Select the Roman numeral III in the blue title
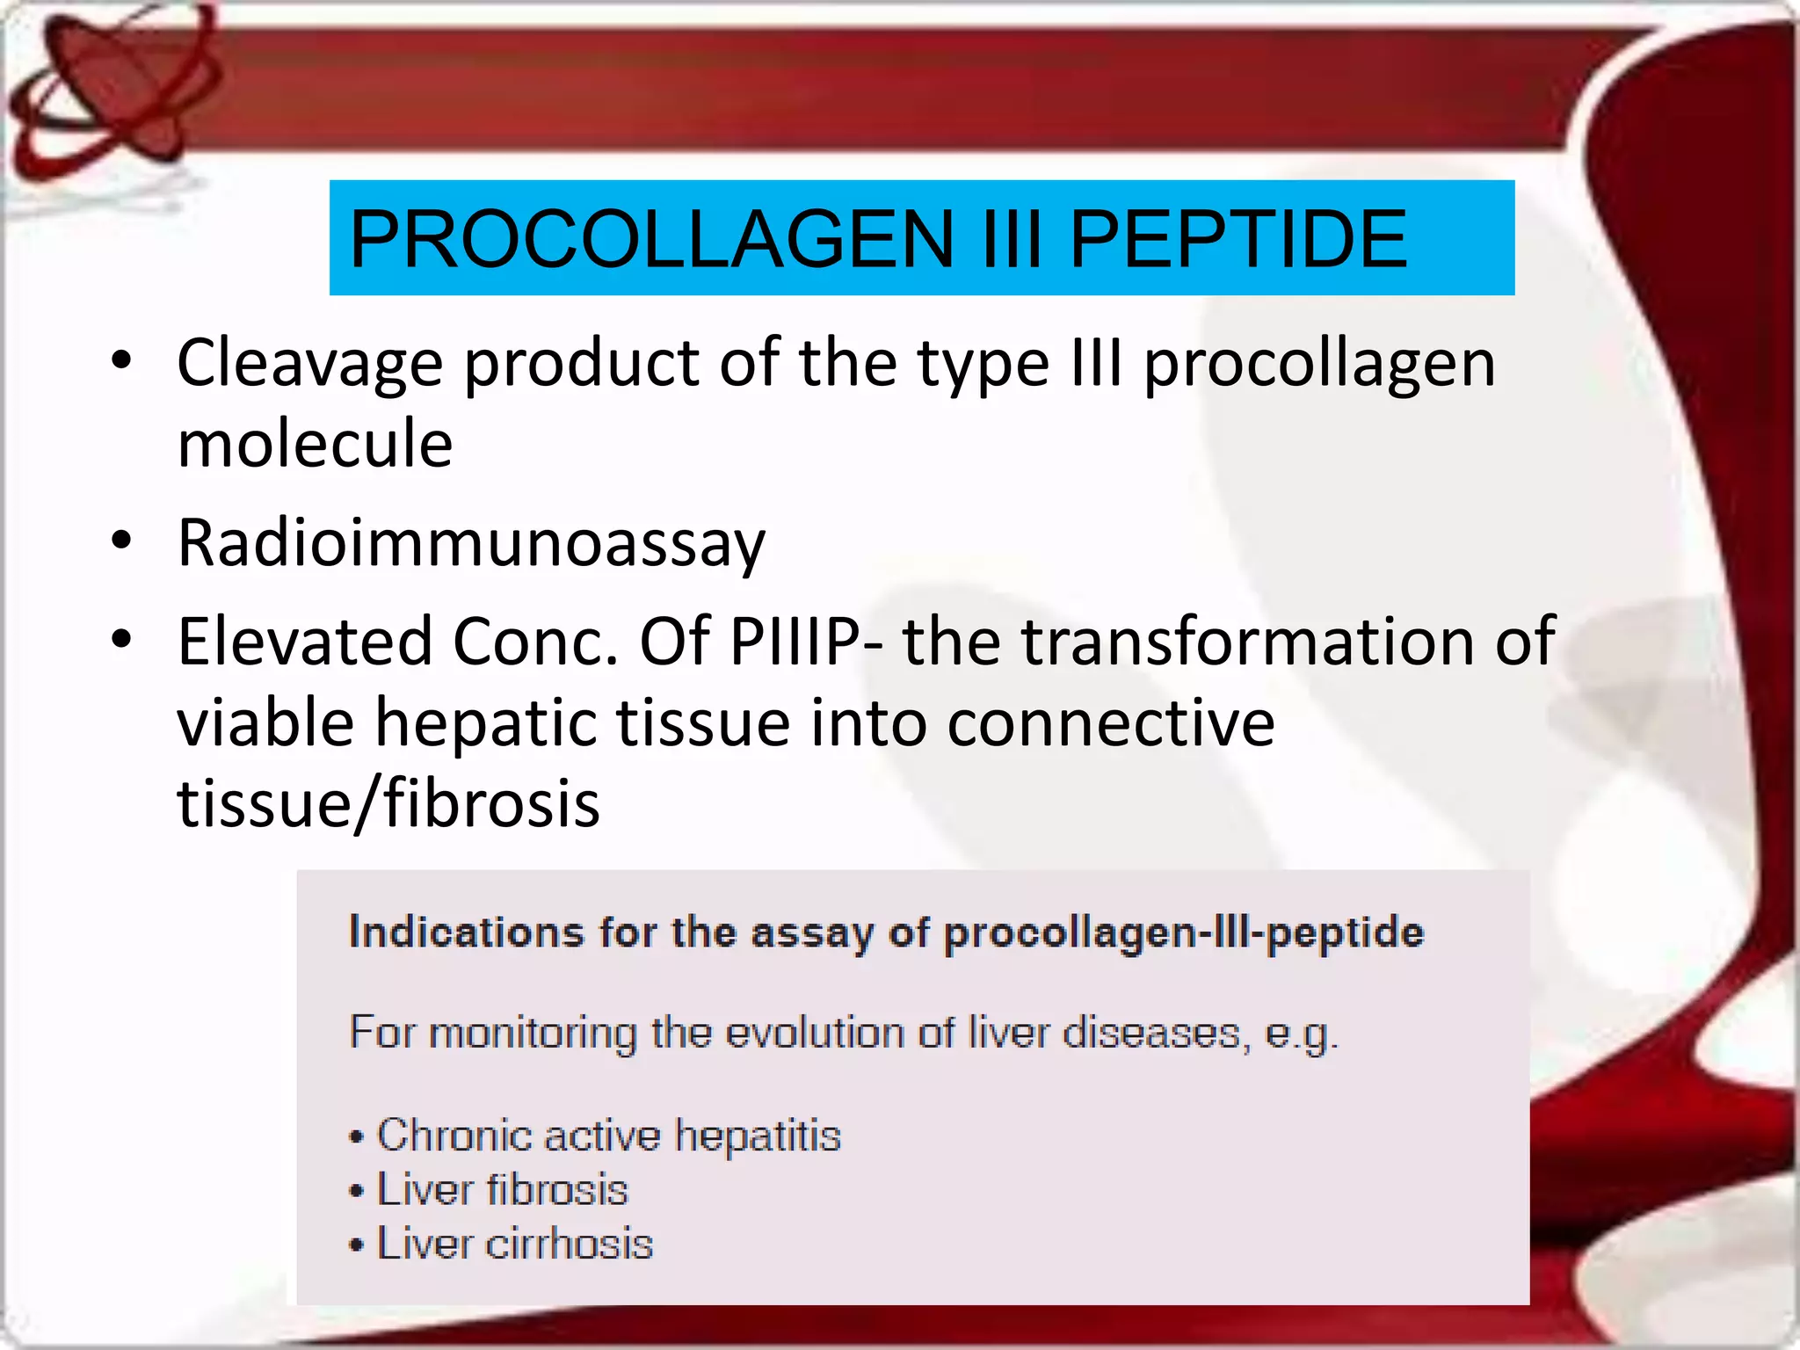[x=1011, y=239]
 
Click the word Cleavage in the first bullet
[x=309, y=363]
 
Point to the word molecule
[x=315, y=444]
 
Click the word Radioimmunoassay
[x=471, y=543]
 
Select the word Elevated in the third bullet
[x=305, y=642]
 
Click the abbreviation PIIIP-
[x=806, y=642]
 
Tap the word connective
[x=1110, y=723]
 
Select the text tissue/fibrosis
[x=388, y=804]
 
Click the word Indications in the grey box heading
[x=466, y=932]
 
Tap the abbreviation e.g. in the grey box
[x=1301, y=1034]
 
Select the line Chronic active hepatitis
[x=608, y=1135]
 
